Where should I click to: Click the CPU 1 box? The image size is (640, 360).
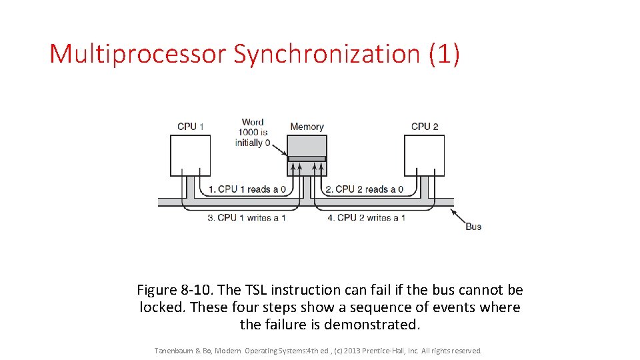190,155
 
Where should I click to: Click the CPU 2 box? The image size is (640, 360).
425,155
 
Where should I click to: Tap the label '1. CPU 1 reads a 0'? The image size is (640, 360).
247,189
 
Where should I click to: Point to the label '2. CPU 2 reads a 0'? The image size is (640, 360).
364,189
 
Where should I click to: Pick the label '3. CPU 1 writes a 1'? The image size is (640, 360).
246,218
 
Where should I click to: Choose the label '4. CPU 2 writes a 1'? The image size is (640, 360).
366,218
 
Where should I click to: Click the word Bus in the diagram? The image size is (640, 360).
473,227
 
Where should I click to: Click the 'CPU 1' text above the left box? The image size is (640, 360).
191,127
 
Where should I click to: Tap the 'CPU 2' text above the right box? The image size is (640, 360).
425,127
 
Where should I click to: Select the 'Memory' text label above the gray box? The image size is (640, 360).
307,127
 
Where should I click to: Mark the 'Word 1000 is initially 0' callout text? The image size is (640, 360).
253,133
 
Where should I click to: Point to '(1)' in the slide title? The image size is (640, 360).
445,54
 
